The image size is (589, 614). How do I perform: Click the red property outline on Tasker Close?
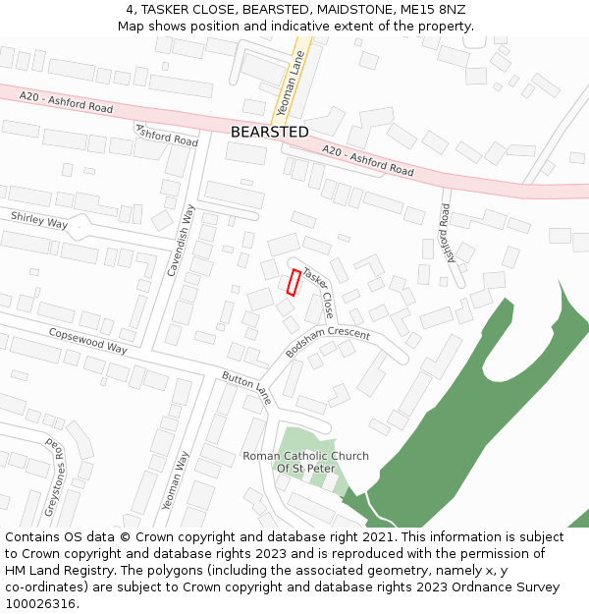(x=293, y=282)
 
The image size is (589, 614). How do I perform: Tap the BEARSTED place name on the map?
(x=269, y=132)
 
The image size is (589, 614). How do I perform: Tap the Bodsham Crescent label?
(x=328, y=342)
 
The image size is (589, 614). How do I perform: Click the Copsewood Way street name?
(x=88, y=341)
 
